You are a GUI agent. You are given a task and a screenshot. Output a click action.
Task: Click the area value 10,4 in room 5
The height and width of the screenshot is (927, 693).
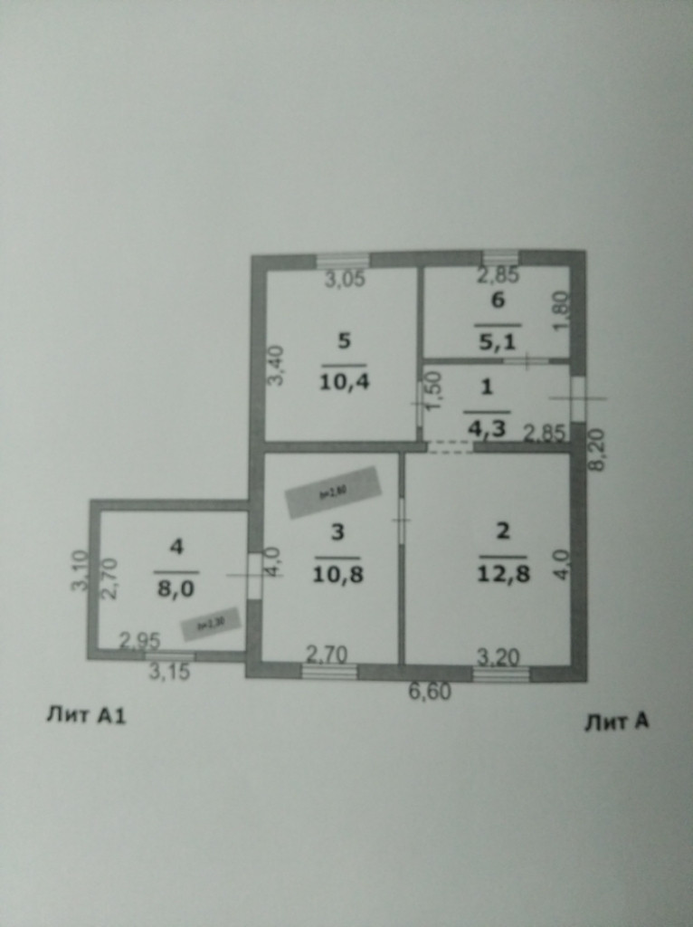click(x=343, y=381)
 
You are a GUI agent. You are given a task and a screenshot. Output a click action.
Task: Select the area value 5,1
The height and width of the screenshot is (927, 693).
click(x=497, y=342)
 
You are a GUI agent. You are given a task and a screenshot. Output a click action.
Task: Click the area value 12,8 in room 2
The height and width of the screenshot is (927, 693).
click(x=502, y=573)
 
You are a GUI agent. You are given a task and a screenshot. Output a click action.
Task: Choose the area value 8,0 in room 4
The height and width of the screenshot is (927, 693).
click(x=176, y=586)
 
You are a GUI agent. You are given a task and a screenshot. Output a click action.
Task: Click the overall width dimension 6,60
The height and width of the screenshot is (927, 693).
click(x=430, y=693)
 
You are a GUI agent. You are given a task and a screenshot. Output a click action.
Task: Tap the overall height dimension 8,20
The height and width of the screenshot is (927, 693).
click(x=596, y=450)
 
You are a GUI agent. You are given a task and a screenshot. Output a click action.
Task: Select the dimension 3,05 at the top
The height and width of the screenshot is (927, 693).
click(x=345, y=280)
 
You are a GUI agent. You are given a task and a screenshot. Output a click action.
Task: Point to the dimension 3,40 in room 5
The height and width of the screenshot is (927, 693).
click(x=277, y=366)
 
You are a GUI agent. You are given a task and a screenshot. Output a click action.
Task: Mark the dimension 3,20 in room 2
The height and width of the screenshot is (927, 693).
click(x=499, y=655)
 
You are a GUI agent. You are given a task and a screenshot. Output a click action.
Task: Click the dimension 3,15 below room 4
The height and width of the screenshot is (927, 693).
click(x=169, y=672)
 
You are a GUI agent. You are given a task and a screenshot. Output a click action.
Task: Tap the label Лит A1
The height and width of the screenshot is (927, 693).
click(x=86, y=716)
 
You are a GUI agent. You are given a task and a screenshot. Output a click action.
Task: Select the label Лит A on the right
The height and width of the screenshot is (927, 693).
click(x=616, y=722)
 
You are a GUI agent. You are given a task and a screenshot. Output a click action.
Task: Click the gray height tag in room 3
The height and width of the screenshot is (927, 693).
click(x=333, y=492)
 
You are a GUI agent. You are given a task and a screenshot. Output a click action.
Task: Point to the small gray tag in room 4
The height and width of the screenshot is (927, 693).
click(x=209, y=623)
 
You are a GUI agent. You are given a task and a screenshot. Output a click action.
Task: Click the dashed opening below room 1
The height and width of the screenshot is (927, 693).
click(x=450, y=446)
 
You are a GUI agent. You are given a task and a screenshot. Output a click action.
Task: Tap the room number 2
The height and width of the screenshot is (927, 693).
click(x=503, y=530)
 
